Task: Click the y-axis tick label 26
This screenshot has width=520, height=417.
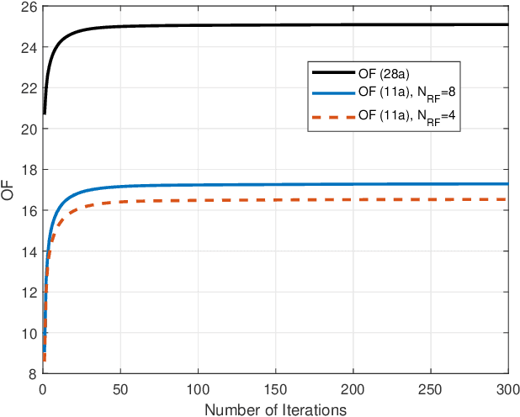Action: point(29,7)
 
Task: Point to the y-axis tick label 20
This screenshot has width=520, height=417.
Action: point(29,129)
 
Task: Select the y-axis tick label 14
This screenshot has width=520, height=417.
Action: point(29,251)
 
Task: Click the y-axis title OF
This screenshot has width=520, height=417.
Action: point(8,191)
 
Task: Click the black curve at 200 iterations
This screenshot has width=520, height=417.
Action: point(353,25)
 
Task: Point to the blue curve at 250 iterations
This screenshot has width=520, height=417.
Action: point(431,184)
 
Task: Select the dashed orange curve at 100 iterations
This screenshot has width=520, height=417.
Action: point(198,200)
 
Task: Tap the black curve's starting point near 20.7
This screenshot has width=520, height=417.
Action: point(45,113)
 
